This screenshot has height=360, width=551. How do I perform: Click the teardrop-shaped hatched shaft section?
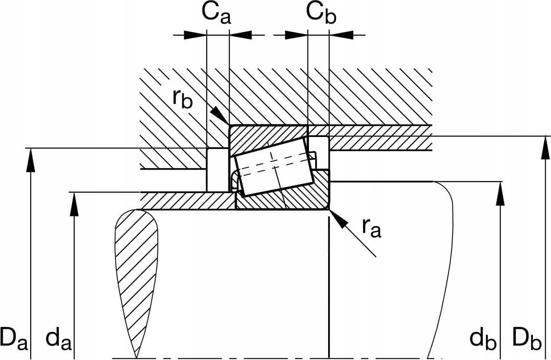point(136,268)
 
